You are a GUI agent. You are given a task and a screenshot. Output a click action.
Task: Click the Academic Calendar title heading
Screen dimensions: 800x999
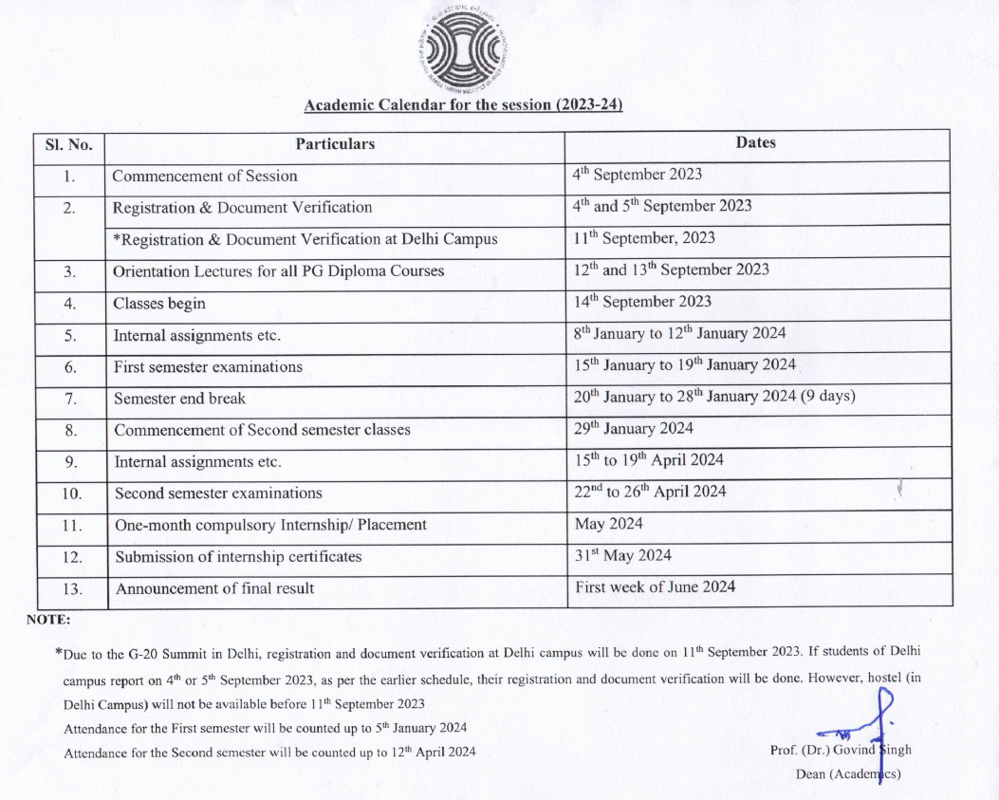[x=463, y=104]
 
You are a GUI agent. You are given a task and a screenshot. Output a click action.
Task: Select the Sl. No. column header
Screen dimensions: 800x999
[x=69, y=144]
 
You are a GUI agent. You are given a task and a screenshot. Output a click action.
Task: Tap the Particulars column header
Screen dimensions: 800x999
[x=335, y=144]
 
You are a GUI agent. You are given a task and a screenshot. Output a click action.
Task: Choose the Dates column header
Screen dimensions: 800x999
[x=755, y=143]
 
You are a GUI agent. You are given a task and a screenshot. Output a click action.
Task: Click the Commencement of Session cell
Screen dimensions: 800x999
[x=205, y=176]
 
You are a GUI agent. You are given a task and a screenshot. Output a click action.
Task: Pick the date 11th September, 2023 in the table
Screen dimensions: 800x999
[x=644, y=238]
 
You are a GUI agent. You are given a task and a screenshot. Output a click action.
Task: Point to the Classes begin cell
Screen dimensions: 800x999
[x=159, y=304]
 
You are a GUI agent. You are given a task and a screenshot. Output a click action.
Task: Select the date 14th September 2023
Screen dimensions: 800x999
[x=642, y=302]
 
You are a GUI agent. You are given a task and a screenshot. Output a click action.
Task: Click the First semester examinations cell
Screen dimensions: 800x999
[x=208, y=366]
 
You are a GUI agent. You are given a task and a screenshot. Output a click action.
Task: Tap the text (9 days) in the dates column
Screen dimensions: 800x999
[x=825, y=397]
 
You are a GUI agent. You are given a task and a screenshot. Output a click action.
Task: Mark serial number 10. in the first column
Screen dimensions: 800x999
[x=71, y=493]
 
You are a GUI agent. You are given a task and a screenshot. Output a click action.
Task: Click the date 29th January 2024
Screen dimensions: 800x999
[x=634, y=429]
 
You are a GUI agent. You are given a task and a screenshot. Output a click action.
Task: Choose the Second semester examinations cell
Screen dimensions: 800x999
[x=218, y=493]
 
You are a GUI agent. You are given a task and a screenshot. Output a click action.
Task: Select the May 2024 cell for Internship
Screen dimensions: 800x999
[x=608, y=524]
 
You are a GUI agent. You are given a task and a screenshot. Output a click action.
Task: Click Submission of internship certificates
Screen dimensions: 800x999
[x=238, y=557]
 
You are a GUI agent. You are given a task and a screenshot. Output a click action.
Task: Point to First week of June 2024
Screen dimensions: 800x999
[x=655, y=587]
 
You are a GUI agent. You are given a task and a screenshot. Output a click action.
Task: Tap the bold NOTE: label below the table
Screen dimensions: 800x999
[x=48, y=621]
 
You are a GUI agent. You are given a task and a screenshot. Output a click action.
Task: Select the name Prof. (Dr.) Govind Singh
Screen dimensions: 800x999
[x=841, y=750]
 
